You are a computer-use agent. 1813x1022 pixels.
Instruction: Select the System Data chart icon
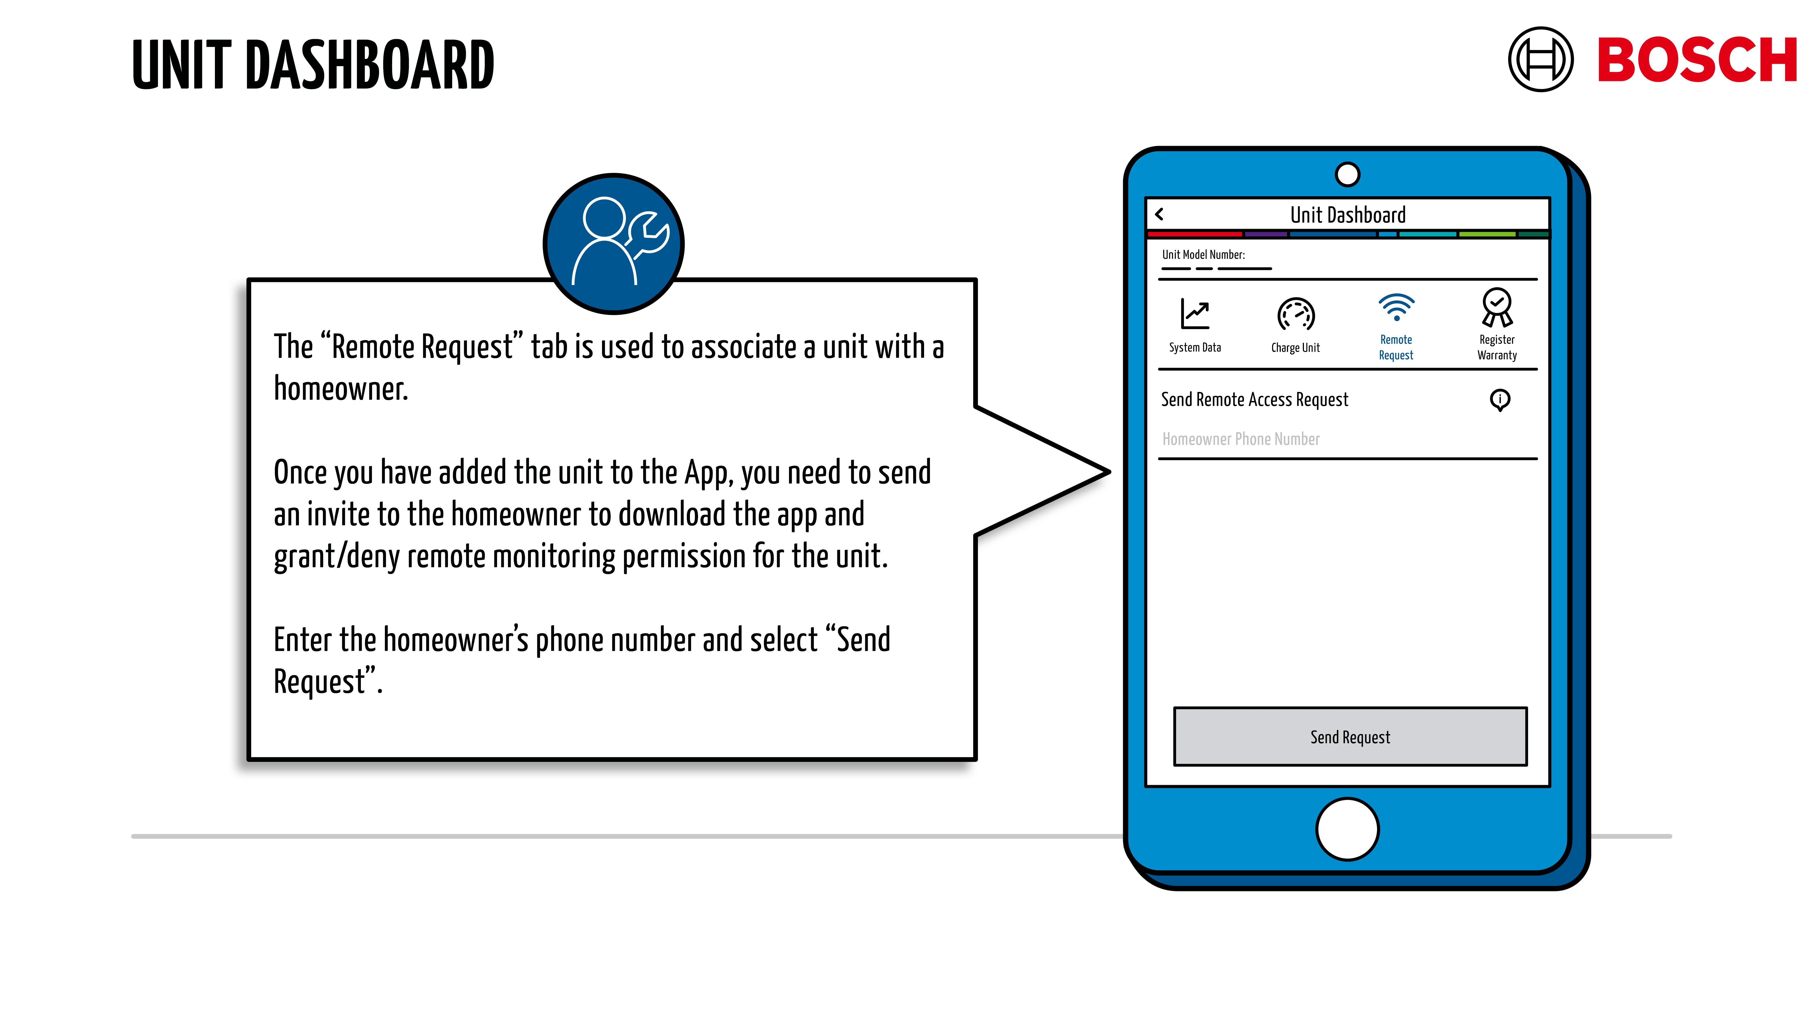(x=1195, y=314)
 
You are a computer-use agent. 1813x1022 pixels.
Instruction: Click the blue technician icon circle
(x=614, y=243)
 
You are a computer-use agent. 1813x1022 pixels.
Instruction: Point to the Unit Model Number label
(x=1203, y=255)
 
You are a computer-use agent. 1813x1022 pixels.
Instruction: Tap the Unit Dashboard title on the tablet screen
(x=1347, y=215)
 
